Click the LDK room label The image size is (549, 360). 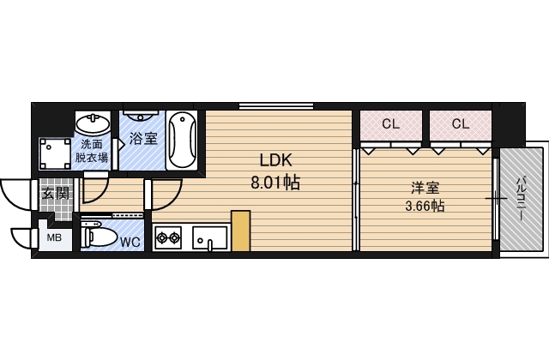[x=275, y=160]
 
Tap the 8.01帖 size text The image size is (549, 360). [x=275, y=183]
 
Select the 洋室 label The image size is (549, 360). [x=425, y=188]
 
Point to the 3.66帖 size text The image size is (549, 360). [x=425, y=206]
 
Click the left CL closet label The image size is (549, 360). [x=391, y=123]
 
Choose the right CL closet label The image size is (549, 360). [x=461, y=123]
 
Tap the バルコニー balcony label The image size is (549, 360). [x=521, y=199]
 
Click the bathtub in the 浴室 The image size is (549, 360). [x=182, y=141]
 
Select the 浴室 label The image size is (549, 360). [x=143, y=139]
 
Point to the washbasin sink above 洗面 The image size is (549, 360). [x=93, y=123]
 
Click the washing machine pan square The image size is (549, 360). [x=55, y=153]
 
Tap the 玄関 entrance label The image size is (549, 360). [x=55, y=193]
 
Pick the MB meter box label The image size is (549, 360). [x=54, y=238]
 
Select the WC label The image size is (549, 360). [x=130, y=242]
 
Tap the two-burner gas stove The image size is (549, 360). [x=168, y=238]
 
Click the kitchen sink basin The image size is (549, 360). [x=209, y=238]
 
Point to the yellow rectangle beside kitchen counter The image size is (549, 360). [x=240, y=231]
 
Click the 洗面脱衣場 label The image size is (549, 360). [x=92, y=151]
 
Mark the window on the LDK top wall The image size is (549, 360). [x=276, y=105]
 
